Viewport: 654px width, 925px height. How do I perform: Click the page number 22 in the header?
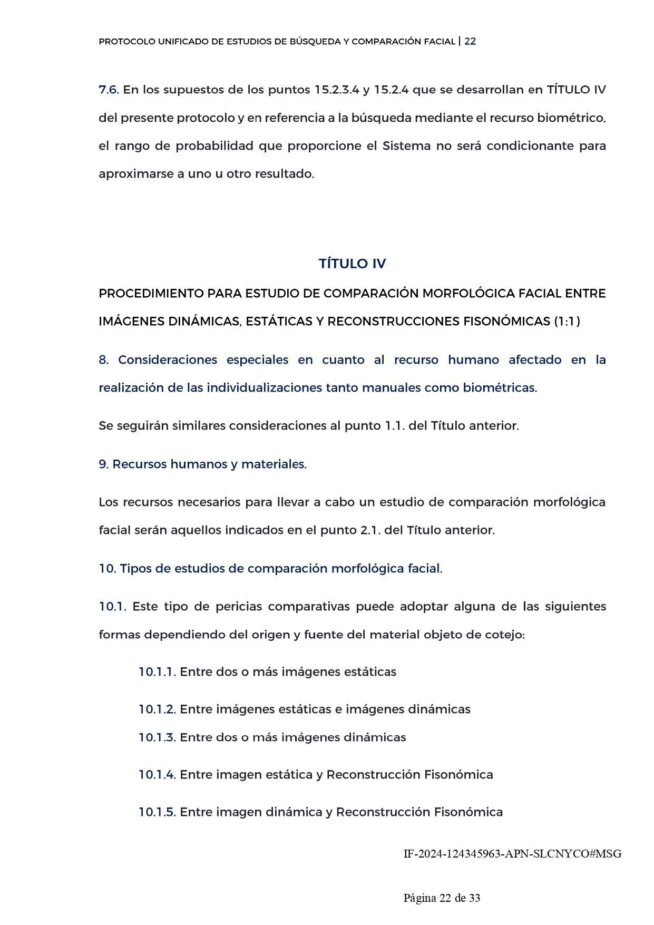[470, 42]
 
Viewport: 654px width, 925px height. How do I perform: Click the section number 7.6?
[109, 90]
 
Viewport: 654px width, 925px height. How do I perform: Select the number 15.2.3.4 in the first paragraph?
[337, 90]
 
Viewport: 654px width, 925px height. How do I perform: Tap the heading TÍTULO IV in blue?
[352, 264]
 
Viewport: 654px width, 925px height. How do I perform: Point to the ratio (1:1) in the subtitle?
[567, 322]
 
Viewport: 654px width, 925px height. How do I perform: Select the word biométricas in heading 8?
[499, 388]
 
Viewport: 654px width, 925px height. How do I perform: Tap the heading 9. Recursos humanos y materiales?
[202, 464]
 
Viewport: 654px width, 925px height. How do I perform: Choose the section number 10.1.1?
[157, 672]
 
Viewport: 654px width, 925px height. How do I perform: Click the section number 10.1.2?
[157, 709]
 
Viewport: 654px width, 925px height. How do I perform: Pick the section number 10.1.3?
[157, 737]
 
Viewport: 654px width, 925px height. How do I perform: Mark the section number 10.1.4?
[157, 775]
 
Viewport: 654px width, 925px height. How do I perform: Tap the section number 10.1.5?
[157, 812]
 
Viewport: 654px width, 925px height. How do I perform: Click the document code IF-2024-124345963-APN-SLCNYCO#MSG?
[512, 854]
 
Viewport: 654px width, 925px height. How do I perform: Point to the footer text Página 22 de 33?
[442, 898]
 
